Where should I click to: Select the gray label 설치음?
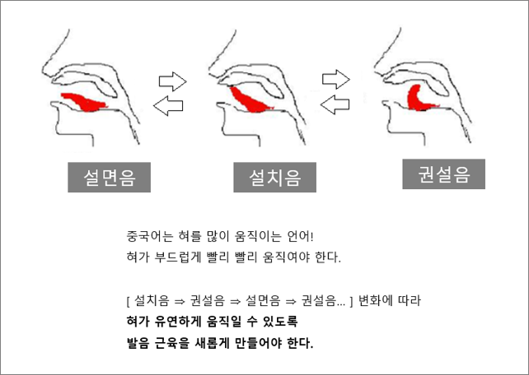(x=274, y=175)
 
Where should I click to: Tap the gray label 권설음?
(x=443, y=174)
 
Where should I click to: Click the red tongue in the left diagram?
(x=87, y=103)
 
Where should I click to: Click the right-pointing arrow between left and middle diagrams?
(x=172, y=81)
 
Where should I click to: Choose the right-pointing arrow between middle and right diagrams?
(x=336, y=79)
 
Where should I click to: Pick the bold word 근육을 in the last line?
(x=174, y=340)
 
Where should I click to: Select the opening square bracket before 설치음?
(x=121, y=298)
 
